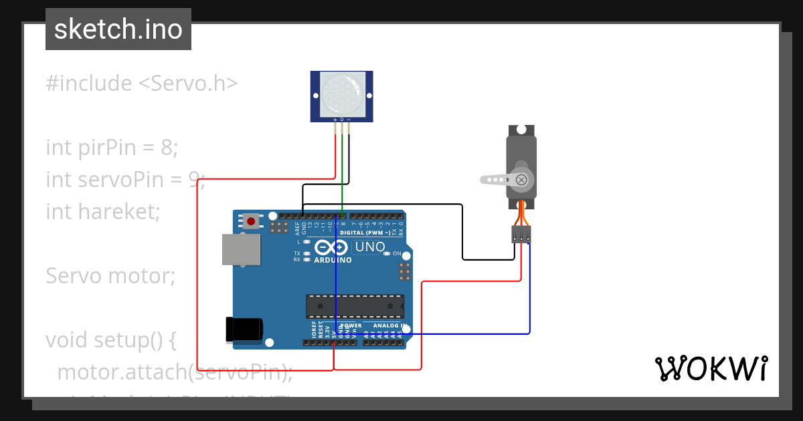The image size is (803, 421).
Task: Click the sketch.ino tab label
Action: click(118, 29)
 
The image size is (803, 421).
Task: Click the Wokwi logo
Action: click(711, 368)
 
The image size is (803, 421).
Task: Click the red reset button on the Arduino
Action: click(251, 221)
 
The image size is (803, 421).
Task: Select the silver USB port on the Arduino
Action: click(241, 249)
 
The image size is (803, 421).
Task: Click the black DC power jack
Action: click(244, 329)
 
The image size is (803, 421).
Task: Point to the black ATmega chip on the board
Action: click(355, 305)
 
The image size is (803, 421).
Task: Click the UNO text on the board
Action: click(369, 247)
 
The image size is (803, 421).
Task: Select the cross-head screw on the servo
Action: click(521, 179)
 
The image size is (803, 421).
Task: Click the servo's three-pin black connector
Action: click(521, 234)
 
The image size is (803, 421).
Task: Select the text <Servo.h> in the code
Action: click(188, 84)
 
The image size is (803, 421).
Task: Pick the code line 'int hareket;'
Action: click(103, 211)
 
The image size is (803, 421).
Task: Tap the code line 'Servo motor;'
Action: click(110, 275)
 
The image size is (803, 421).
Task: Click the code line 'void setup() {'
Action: click(110, 339)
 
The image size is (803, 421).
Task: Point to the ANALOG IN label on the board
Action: click(386, 326)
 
